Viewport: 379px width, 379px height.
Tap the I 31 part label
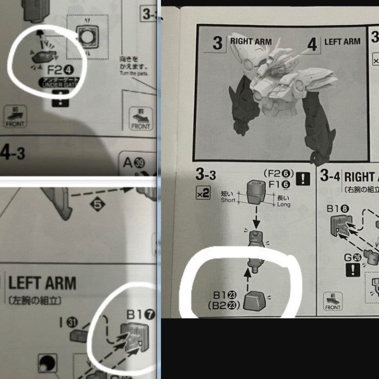click(x=69, y=322)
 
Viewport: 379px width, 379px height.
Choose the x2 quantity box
click(x=203, y=192)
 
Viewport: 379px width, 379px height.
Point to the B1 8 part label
click(x=340, y=207)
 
